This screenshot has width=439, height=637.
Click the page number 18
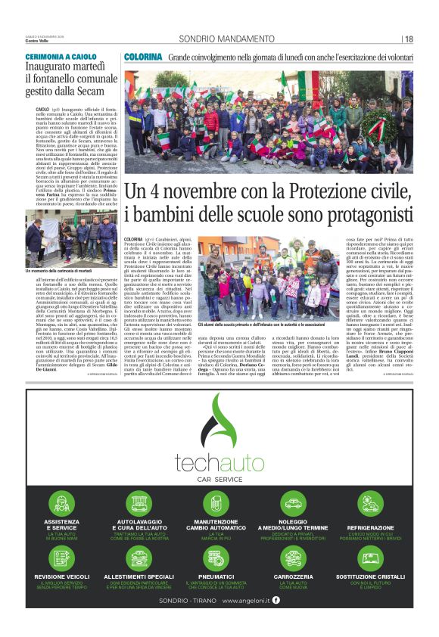409,39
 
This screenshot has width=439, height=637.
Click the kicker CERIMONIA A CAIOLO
61,57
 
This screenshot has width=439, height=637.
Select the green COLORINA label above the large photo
143,57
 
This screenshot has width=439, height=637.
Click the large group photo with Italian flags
269,121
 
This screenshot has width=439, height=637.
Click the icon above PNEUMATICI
217,559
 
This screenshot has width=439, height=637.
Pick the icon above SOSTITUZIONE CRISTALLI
371,559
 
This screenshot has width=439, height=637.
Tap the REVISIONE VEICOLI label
61,577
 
